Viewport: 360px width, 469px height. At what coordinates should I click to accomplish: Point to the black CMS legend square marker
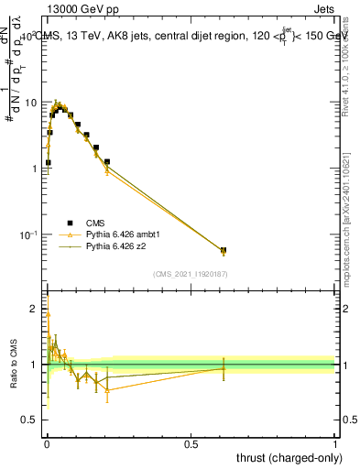click(70, 222)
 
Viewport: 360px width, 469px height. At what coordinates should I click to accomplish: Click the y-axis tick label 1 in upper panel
click(35, 169)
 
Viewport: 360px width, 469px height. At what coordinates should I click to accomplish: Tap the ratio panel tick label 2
click(35, 309)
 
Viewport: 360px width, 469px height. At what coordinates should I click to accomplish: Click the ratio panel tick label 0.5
click(30, 420)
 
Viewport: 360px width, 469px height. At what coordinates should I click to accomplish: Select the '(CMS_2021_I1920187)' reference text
click(191, 274)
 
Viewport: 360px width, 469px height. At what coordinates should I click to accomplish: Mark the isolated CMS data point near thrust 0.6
click(224, 250)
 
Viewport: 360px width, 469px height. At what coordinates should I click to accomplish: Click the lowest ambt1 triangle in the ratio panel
click(107, 390)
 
